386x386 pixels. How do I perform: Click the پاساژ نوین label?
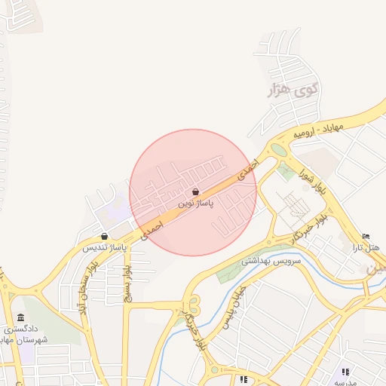point(196,204)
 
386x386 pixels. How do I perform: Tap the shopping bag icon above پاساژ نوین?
point(196,192)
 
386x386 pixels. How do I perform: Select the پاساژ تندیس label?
point(104,247)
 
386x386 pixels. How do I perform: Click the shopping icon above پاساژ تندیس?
point(103,237)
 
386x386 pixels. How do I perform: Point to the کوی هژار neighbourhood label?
point(293,91)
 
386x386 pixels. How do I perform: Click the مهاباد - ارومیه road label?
point(318,130)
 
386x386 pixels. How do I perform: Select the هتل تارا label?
point(367,247)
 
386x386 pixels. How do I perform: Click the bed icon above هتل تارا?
point(366,237)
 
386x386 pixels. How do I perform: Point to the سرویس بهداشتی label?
point(271,261)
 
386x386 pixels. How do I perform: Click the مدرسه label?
point(346,382)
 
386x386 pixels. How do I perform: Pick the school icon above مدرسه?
point(345,372)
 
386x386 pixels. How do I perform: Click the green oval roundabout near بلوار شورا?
point(279,150)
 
